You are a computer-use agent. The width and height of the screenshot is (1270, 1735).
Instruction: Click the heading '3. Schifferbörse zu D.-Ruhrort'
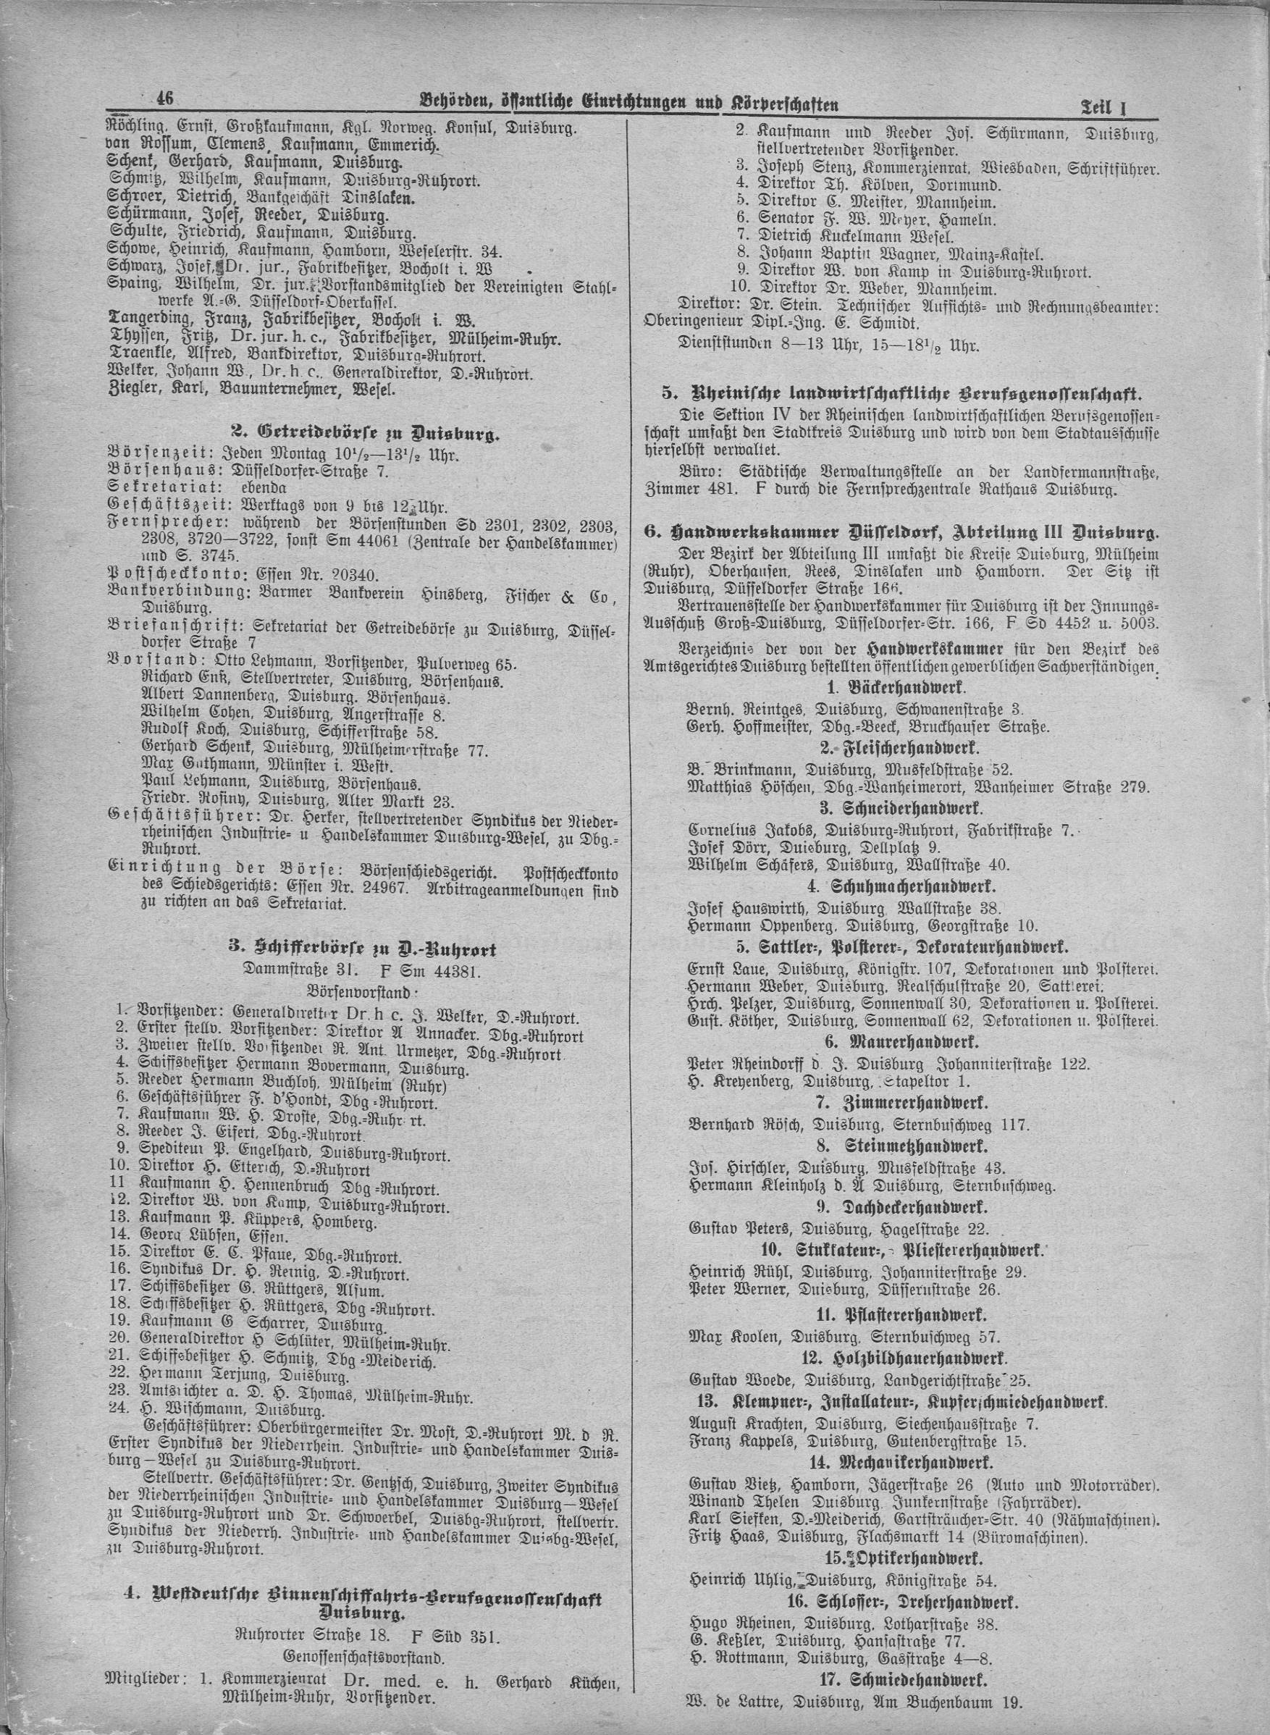[366, 950]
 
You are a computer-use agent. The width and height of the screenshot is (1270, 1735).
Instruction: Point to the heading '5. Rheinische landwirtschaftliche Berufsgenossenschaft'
[901, 395]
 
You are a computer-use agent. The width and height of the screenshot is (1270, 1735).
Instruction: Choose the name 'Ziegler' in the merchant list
[130, 390]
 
